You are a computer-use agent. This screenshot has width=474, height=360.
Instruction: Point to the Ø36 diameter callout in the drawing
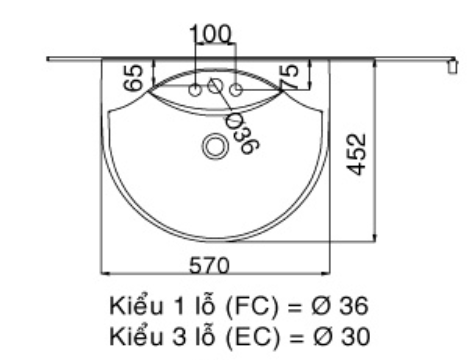[241, 130]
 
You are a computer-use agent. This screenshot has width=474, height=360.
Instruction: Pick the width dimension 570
[213, 263]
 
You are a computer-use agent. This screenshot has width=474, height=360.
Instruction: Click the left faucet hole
[194, 91]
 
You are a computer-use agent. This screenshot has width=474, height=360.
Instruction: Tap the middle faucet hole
[213, 89]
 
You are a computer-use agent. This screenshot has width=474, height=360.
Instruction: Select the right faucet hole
[236, 91]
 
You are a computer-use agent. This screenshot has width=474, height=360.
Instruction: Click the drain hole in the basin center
[214, 147]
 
